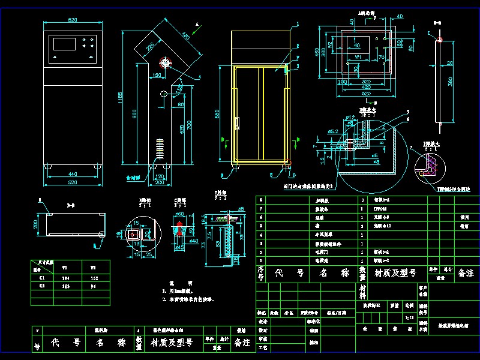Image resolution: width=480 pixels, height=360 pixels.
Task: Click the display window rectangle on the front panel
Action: pos(64,44)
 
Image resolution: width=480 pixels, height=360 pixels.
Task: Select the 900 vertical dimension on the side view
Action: pos(135,114)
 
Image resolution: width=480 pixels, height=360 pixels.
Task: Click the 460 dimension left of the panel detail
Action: pos(329,53)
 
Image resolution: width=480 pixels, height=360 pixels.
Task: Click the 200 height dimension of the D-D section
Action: pos(35,224)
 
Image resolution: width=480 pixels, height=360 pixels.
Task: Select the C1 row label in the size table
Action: pos(42,278)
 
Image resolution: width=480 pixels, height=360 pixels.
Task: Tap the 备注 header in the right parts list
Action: pos(466,273)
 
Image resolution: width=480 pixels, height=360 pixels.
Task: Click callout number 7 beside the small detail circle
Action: pos(410,148)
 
